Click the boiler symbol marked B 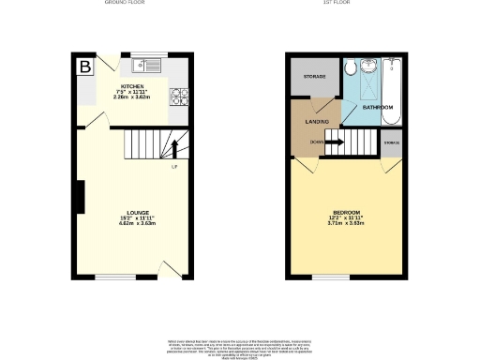point(85,67)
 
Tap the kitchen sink point(148,65)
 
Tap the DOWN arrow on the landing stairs point(333,142)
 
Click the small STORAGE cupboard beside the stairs point(391,142)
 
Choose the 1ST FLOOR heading point(347,4)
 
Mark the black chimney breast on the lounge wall point(80,197)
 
